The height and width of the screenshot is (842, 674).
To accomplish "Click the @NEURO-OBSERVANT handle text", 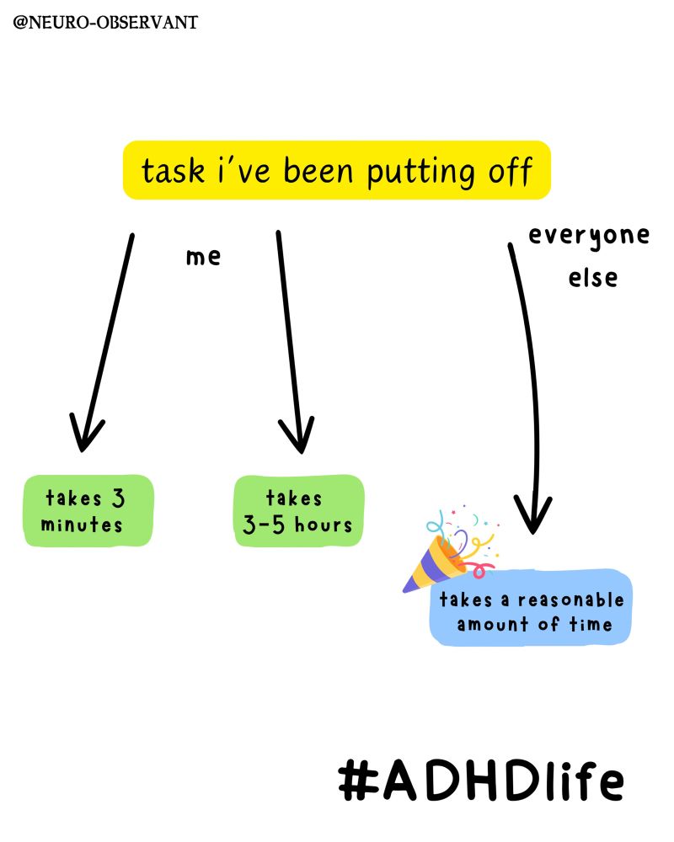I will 105,23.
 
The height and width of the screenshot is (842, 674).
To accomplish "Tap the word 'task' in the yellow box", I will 173,172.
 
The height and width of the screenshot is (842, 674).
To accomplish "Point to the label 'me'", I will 203,257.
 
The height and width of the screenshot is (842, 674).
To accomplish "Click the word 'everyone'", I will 589,236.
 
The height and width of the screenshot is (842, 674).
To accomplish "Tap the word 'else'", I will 592,278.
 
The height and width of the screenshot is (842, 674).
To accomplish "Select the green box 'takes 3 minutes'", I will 88,511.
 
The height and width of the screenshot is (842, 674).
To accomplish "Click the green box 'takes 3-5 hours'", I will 298,511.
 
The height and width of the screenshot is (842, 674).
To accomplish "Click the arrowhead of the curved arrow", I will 532,517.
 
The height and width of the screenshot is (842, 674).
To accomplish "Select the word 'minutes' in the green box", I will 82,525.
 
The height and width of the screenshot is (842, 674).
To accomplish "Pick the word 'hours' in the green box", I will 323,525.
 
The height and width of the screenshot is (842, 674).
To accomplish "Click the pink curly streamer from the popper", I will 480,569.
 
